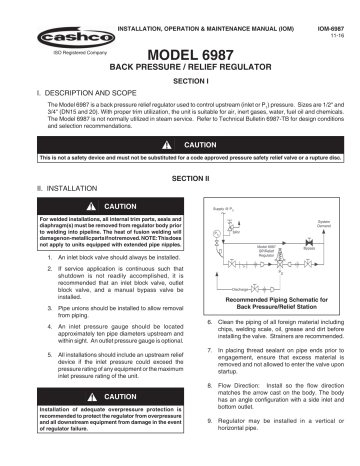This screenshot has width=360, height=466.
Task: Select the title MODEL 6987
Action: point(180,54)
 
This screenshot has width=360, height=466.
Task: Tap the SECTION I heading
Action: point(180,80)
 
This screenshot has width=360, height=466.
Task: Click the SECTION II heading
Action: point(180,176)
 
